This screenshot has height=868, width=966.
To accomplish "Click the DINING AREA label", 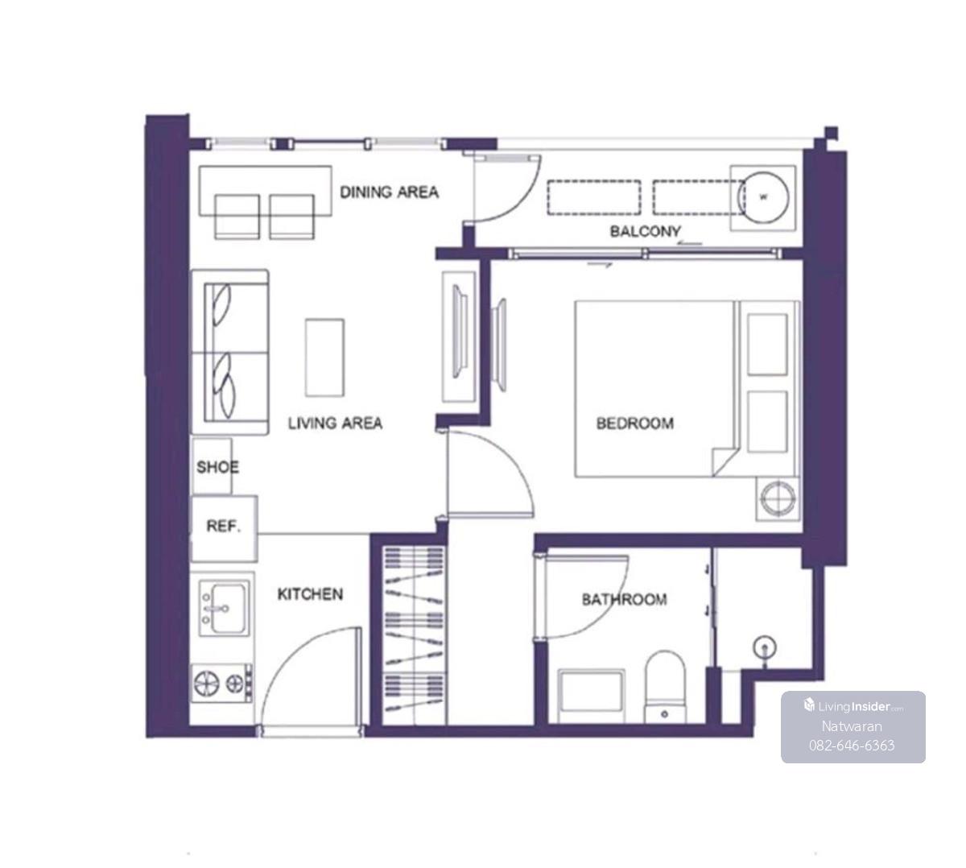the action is pos(389,192).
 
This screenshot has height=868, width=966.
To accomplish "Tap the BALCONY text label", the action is pos(645,231).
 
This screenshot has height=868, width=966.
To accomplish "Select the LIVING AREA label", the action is pos(335,423).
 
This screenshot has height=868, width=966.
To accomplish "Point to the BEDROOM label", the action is pos(635,423).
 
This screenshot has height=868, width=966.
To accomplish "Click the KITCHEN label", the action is pos(311,594).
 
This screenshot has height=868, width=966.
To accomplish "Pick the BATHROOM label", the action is pos(624,600).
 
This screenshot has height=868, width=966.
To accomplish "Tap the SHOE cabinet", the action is pos(213,466).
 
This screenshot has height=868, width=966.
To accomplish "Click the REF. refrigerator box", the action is pos(225,529).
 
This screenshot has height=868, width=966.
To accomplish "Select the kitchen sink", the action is pos(224,608).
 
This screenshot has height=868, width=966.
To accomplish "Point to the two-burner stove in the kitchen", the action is pos(222,684).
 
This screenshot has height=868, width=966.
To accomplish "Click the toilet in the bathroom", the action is pos(665,687).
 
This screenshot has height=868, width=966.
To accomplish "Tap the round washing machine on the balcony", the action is pos(763,198).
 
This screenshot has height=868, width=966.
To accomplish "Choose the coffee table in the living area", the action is pos(324,358).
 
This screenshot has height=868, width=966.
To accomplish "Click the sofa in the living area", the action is pos(229,353).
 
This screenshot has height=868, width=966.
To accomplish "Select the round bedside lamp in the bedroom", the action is pos(778,499).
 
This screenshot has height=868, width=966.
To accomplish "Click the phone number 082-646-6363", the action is pos(852,746).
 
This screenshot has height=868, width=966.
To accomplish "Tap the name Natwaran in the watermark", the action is pos(852,726).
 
